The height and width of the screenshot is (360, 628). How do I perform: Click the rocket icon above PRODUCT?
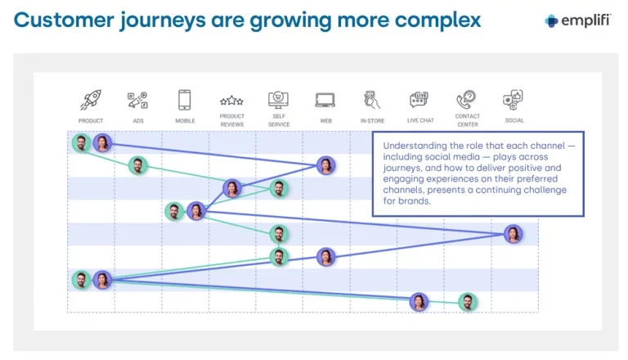(x=91, y=100)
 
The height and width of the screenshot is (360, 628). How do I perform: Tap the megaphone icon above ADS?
(x=137, y=100)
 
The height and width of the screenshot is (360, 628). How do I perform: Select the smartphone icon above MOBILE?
(x=184, y=100)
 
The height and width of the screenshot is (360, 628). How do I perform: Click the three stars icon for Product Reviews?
(x=231, y=101)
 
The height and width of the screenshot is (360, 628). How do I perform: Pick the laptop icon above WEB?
(x=325, y=100)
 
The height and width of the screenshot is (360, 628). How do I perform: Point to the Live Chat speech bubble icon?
(x=419, y=100)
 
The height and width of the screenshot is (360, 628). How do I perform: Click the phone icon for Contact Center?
(x=466, y=100)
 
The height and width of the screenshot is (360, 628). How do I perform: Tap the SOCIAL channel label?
(x=514, y=120)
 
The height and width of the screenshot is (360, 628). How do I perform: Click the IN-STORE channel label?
(x=372, y=120)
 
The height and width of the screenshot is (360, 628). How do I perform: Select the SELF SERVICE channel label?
(x=279, y=120)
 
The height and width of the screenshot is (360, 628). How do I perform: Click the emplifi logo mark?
(x=551, y=20)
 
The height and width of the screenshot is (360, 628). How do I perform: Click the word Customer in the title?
(x=64, y=20)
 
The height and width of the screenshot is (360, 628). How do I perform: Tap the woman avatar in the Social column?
(x=513, y=234)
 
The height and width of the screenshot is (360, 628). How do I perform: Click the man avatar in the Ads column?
(x=137, y=165)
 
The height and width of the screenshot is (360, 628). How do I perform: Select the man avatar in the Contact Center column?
(x=468, y=302)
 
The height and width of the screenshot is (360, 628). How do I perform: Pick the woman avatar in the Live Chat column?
(x=419, y=302)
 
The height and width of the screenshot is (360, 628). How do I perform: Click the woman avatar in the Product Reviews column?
(x=232, y=188)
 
